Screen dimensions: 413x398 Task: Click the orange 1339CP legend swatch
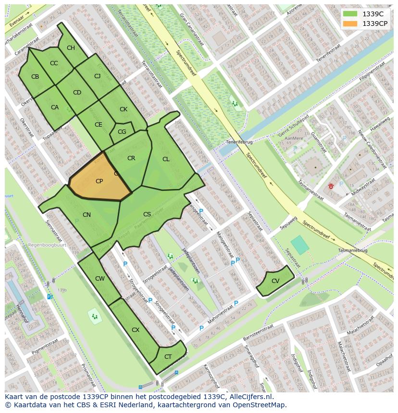[350, 24]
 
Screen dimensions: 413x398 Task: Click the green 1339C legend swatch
[350, 14]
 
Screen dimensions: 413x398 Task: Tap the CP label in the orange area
[99, 181]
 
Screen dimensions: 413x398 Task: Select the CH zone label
[71, 48]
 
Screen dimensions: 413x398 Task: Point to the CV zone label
[275, 281]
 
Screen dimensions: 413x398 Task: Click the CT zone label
[168, 356]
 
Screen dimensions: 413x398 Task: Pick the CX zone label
[136, 330]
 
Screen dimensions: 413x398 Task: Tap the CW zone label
[100, 279]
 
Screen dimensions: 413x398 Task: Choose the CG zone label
[122, 132]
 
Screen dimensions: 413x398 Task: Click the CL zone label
[166, 159]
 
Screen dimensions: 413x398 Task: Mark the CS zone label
[147, 214]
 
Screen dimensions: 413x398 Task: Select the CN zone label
[87, 215]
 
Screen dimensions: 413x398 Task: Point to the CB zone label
[35, 77]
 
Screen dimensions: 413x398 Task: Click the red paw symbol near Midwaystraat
[331, 185]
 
